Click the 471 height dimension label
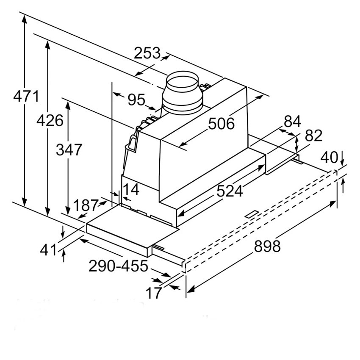26,97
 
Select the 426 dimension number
50,121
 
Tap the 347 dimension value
69,150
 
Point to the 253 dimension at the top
147,53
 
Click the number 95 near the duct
137,100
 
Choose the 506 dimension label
222,124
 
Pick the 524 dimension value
230,191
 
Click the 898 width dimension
267,246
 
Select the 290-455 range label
118,266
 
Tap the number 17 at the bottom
154,293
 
